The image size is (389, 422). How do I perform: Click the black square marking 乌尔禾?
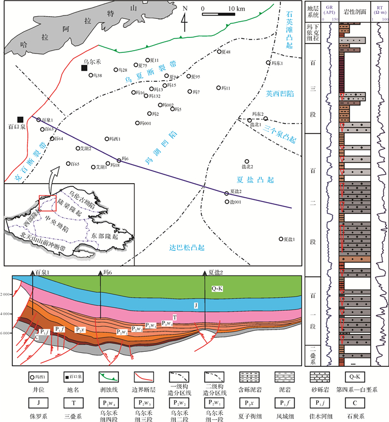84,68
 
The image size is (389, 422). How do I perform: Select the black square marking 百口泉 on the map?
21,119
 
